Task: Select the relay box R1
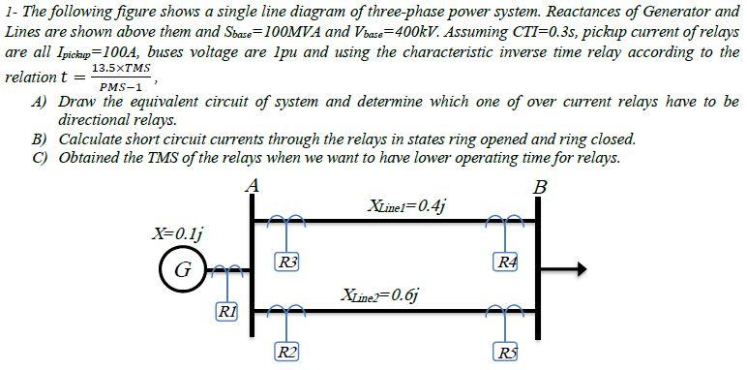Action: pos(224,312)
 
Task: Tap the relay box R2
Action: pos(286,350)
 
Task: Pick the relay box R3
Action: pos(287,261)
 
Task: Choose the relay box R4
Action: pos(505,261)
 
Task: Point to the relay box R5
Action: pos(505,350)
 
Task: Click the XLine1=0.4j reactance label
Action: pos(407,205)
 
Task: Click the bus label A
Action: pos(253,184)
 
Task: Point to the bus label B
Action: pos(540,185)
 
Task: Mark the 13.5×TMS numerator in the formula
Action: pos(120,71)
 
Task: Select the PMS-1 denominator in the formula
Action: pos(119,87)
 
